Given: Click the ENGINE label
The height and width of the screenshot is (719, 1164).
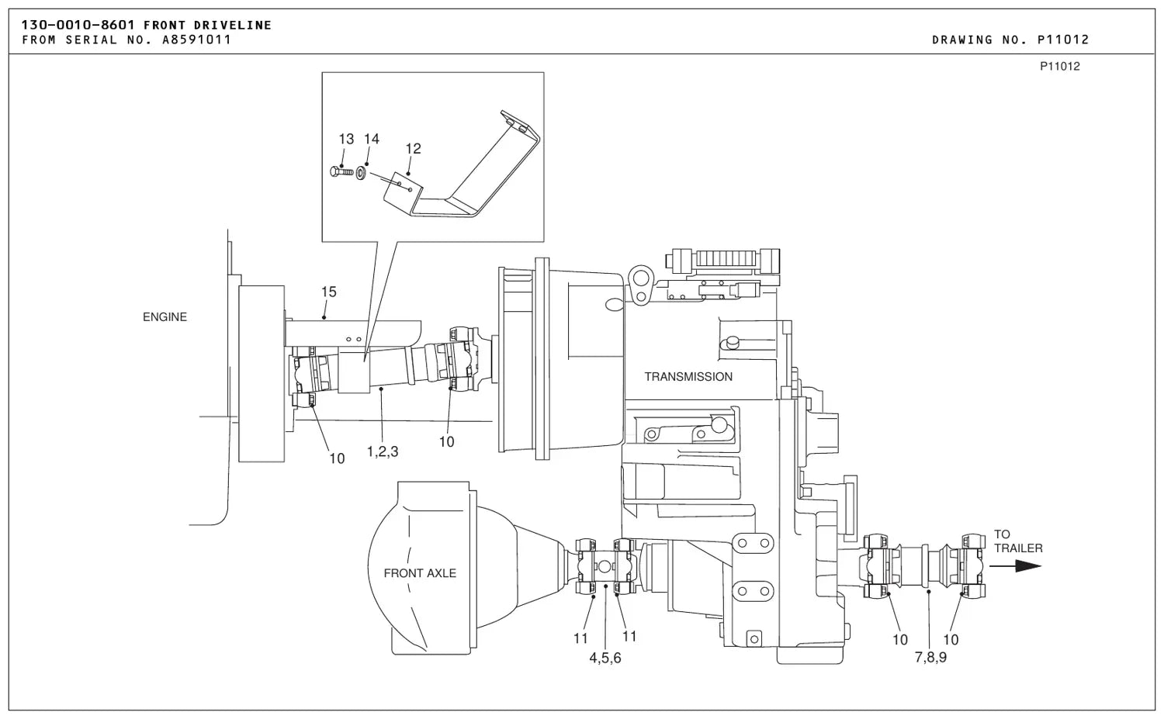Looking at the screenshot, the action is [x=165, y=317].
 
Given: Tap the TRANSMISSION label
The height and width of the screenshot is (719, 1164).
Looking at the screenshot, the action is [x=688, y=377].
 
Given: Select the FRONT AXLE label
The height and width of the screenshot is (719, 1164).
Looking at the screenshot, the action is [x=420, y=573].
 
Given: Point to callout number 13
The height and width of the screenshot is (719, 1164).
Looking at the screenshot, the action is [x=346, y=140].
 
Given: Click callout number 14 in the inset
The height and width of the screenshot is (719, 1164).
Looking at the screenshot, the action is [x=372, y=139].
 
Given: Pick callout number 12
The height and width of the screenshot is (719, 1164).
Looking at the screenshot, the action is [x=413, y=149].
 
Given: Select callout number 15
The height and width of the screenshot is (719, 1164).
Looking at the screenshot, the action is [x=329, y=292].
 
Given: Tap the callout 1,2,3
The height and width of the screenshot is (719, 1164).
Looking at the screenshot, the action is [x=383, y=451].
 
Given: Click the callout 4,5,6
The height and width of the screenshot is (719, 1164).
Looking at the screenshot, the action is [x=605, y=658].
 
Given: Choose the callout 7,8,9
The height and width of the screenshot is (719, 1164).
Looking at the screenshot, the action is [x=930, y=657].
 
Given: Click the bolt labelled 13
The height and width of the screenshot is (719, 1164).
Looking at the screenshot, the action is [x=341, y=171].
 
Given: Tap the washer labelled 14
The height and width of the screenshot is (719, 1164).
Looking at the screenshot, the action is [x=361, y=172].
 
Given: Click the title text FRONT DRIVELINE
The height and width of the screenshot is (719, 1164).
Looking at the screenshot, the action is [x=207, y=25].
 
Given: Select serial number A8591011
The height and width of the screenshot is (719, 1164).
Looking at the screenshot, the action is [x=196, y=40].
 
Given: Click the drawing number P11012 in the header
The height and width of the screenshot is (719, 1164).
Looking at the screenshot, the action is [x=1063, y=40].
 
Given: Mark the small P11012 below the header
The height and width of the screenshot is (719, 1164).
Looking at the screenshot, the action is [x=1060, y=67].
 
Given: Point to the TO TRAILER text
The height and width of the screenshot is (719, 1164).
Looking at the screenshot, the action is [x=1018, y=541].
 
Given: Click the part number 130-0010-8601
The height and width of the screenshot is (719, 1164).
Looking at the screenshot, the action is [x=78, y=25].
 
